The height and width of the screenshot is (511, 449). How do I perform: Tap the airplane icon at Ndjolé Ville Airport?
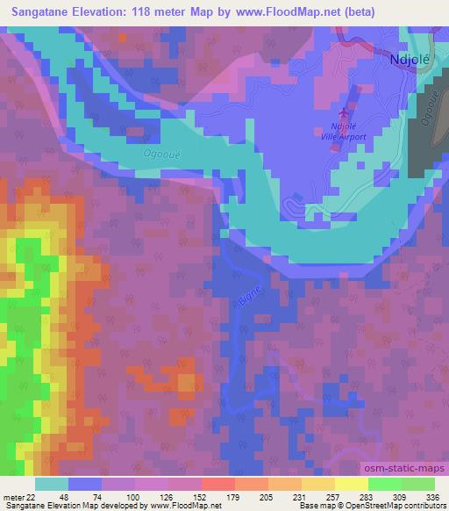344,115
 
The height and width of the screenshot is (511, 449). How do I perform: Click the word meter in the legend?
15,498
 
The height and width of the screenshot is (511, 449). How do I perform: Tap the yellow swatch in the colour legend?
352,484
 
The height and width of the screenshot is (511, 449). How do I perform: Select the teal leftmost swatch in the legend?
52,484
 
